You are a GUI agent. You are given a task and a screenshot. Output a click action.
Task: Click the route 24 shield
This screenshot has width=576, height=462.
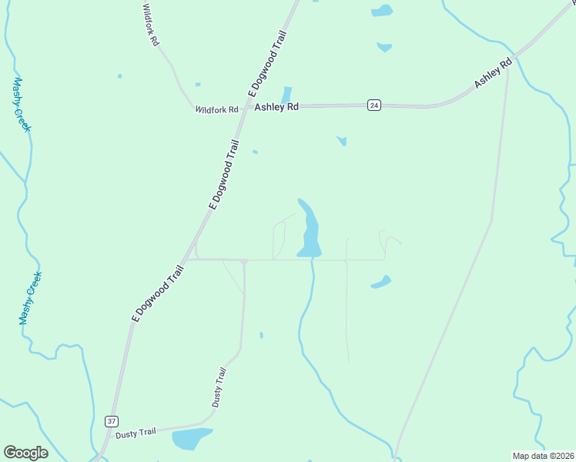(x=373, y=105)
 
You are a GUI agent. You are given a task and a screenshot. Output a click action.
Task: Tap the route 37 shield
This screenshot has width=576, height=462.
(x=112, y=420)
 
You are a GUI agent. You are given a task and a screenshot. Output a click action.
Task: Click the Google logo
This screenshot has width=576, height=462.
(x=25, y=453)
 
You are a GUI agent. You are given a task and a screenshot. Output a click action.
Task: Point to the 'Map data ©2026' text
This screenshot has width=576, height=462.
(x=542, y=456)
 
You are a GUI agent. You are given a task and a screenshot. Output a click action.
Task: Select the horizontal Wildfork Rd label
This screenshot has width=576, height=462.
(x=217, y=110)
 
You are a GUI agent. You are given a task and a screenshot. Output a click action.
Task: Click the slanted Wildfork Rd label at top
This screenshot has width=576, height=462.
(x=150, y=25)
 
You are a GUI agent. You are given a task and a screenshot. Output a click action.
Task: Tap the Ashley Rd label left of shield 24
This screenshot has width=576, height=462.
(x=276, y=108)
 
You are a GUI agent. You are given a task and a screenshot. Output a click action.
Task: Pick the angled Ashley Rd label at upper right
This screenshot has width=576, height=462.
(x=493, y=73)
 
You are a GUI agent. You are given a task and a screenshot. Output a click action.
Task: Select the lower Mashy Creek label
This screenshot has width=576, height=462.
(x=30, y=297)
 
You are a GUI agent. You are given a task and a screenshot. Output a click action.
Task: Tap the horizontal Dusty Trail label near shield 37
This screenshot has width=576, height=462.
(x=136, y=434)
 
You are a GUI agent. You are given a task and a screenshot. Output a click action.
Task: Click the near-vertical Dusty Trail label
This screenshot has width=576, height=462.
(x=219, y=387)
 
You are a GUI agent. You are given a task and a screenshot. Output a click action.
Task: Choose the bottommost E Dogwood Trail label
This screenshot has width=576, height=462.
(x=158, y=293)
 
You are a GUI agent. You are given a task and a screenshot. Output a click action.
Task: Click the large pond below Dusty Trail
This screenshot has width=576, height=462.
(x=192, y=439)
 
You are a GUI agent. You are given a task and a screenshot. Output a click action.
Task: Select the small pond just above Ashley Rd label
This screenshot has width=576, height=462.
(x=286, y=95)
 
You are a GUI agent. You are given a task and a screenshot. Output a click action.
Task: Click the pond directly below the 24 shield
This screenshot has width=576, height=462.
(x=342, y=141)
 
